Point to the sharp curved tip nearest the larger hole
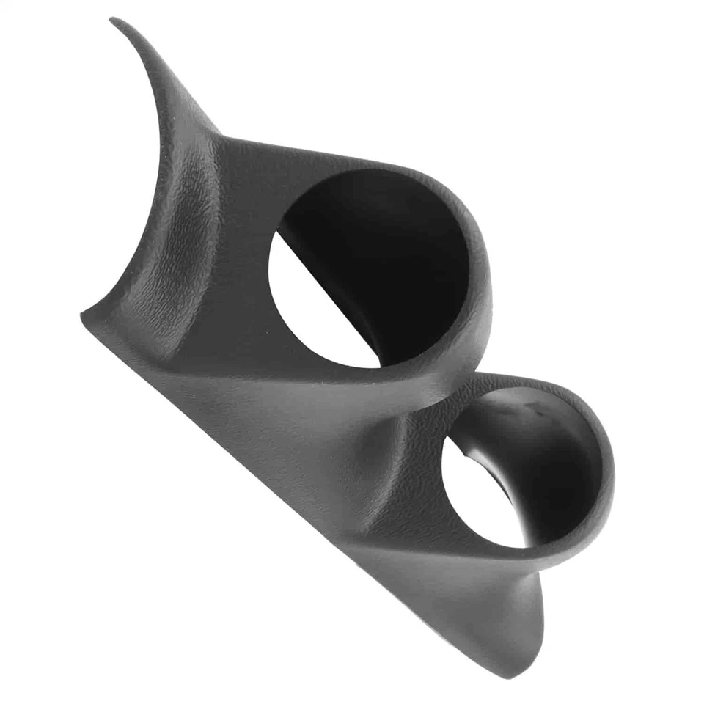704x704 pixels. click(117, 22)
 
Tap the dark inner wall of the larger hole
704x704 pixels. click(396, 242)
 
